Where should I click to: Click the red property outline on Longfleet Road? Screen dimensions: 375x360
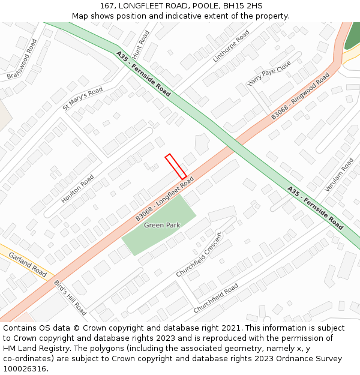[176, 166]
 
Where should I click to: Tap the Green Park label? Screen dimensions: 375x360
[162, 225]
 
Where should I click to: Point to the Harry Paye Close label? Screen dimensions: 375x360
[269, 73]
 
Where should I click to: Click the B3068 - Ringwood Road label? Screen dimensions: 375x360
[300, 96]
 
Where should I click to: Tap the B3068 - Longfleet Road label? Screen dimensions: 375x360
[164, 199]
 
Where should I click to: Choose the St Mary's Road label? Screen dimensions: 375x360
[83, 99]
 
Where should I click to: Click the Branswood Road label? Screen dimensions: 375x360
[22, 59]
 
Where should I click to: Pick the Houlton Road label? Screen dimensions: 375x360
[77, 188]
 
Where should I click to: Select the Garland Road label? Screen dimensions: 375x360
[28, 264]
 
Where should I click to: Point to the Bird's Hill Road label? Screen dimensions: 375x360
[71, 298]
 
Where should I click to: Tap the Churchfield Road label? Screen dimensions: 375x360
[215, 298]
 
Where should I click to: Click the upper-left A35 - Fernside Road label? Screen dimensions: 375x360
[143, 74]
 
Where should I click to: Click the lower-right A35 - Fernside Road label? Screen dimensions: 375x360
[315, 208]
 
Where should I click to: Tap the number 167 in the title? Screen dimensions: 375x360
[107, 5]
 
